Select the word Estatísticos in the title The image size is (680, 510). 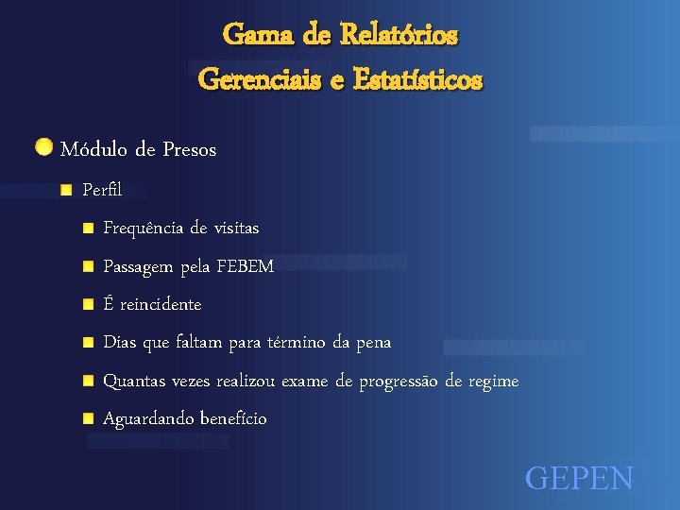(417, 79)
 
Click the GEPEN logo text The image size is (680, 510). (579, 478)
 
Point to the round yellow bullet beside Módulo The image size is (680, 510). (43, 147)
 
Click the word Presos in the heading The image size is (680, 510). (189, 149)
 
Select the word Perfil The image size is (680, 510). (102, 190)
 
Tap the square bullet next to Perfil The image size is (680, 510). (65, 190)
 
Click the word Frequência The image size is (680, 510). (144, 229)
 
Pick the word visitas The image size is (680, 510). (236, 229)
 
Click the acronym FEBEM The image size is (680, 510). (245, 266)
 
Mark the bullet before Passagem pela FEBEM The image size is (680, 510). (87, 266)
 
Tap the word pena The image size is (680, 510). (374, 342)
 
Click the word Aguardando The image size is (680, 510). (148, 418)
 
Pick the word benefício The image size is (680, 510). (233, 418)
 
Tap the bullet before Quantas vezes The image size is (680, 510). (87, 380)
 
